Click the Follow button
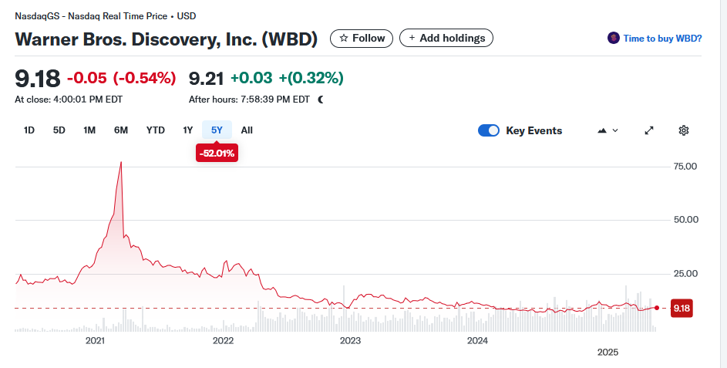362,38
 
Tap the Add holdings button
446,38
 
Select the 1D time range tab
29,130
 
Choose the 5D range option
59,130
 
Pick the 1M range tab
89,130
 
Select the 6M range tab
121,130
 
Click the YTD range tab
156,130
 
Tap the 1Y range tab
187,130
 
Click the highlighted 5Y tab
217,130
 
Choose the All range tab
247,130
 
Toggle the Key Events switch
489,130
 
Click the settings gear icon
683,130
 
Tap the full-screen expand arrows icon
649,130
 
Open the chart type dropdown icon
608,130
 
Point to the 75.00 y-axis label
685,166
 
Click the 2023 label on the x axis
350,340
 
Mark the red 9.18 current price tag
681,308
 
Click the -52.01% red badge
217,154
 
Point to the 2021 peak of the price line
121,162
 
